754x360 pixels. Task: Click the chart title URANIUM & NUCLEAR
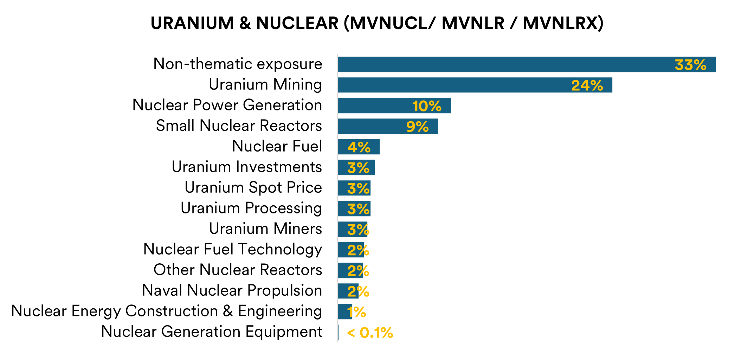point(377,24)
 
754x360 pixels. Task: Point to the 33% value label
point(690,65)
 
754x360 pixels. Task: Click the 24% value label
point(587,85)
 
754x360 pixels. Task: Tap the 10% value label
point(427,106)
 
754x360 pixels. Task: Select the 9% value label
point(417,127)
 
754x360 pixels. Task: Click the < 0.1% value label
point(370,333)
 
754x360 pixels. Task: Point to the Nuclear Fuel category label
point(277,146)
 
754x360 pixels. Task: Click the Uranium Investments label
point(247,167)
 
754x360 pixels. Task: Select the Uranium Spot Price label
point(253,187)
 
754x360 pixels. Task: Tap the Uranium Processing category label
point(251,208)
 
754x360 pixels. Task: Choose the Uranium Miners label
point(265,229)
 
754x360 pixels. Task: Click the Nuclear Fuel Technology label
point(233,249)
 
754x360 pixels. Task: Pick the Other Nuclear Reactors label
point(238,270)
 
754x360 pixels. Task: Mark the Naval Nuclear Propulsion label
point(232,290)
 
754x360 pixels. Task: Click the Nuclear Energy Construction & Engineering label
point(167,311)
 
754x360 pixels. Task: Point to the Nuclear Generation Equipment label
point(212,332)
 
